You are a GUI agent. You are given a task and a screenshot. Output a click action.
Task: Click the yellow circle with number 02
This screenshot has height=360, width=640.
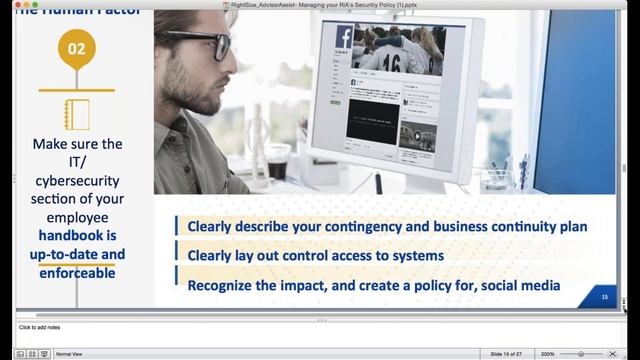[x=77, y=47]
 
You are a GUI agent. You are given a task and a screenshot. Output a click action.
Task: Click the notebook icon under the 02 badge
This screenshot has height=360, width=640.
[x=76, y=114]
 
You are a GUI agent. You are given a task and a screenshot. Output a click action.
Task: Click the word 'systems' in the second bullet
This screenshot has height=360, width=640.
[x=414, y=256]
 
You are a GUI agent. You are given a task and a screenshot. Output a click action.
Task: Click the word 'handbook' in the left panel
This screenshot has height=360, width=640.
[x=76, y=236]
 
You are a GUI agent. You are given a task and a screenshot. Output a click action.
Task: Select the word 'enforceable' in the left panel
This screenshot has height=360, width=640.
[x=77, y=271]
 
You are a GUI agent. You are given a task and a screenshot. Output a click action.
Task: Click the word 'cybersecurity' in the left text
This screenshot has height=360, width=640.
[x=77, y=181]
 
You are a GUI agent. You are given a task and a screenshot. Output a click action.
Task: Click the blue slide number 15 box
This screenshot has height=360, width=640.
[x=604, y=297]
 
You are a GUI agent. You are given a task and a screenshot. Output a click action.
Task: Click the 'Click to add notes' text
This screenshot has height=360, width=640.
[x=40, y=327]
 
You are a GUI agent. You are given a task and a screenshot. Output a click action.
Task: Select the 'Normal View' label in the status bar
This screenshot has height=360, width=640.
[x=69, y=354]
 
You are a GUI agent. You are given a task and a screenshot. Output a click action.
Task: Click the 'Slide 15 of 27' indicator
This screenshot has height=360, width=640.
[x=511, y=354]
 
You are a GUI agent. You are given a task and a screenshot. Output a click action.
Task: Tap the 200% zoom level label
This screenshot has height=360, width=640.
[x=548, y=354]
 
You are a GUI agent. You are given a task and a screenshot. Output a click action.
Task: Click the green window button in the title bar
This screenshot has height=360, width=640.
[x=32, y=5]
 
